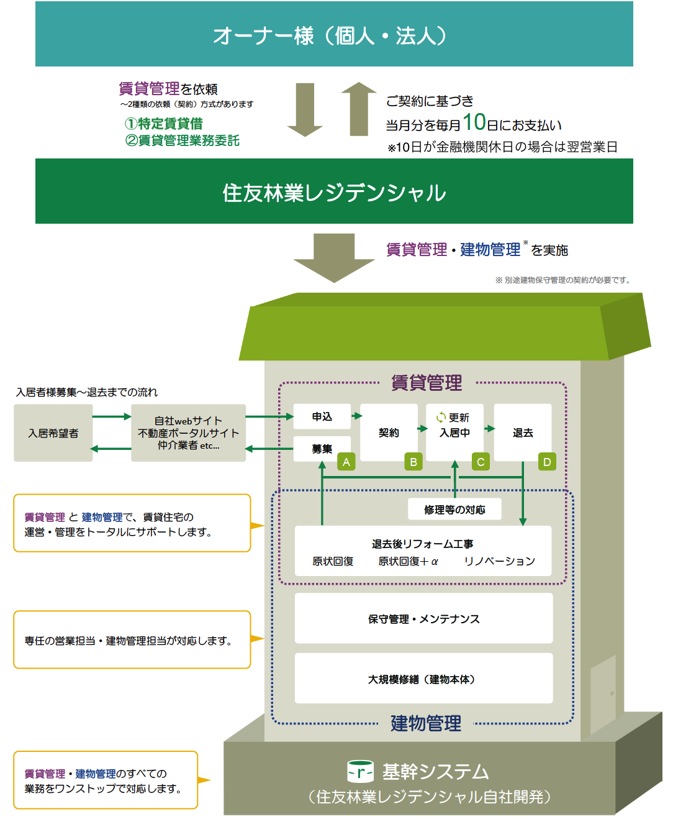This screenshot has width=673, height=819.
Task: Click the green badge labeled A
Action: tap(346, 462)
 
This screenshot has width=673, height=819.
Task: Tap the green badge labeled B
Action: tap(413, 462)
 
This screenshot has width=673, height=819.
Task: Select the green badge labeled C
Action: tap(480, 462)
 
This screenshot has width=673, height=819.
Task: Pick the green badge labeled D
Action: tap(547, 462)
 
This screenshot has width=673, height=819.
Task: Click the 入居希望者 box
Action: tap(53, 433)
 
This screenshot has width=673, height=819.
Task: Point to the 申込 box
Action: tap(322, 417)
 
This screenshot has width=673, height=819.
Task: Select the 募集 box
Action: tap(322, 449)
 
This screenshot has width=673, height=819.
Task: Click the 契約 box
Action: tap(389, 432)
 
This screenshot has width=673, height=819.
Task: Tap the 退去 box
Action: tap(523, 432)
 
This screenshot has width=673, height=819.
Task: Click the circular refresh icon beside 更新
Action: tap(441, 418)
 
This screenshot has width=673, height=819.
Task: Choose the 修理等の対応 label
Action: tap(454, 510)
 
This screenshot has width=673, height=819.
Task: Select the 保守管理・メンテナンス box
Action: tap(423, 619)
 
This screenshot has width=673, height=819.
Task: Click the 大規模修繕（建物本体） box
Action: tap(423, 679)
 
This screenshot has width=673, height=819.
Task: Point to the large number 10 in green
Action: tap(474, 122)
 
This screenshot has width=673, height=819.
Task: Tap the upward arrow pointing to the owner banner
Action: tap(359, 109)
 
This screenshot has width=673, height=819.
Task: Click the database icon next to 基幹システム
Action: tap(361, 772)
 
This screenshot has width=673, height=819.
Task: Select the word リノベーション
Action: tap(499, 561)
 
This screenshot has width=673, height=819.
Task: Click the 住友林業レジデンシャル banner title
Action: tap(334, 193)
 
